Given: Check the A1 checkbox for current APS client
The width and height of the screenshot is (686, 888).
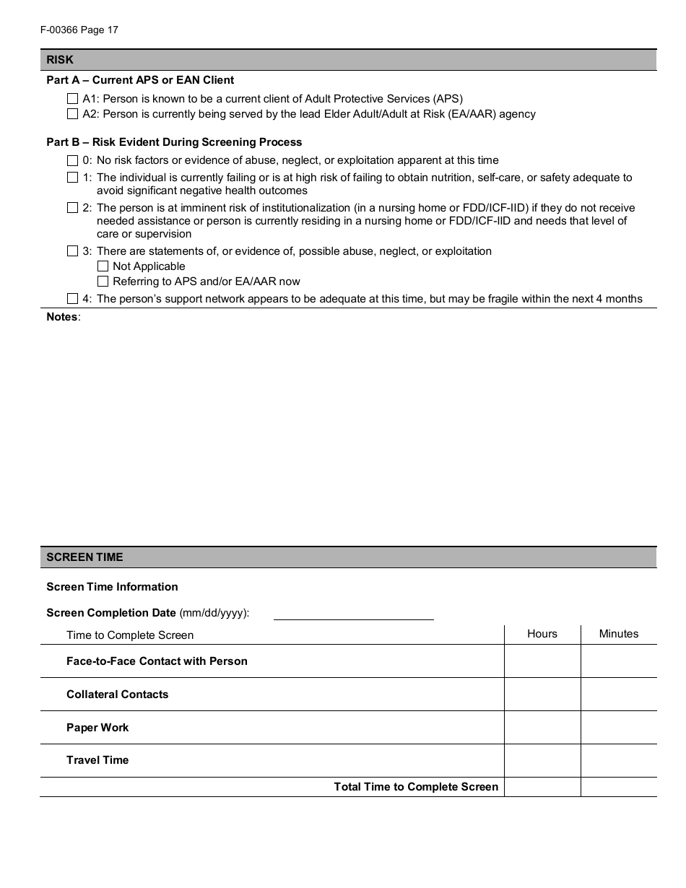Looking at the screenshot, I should coord(72,98).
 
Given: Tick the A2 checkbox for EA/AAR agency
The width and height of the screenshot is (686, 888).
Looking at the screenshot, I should coord(72,113).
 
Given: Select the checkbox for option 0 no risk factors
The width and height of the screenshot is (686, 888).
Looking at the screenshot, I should coord(72,160).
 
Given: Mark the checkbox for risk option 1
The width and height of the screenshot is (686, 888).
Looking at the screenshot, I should coord(72,178).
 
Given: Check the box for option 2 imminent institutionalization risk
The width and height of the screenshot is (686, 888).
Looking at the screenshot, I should coord(72,208).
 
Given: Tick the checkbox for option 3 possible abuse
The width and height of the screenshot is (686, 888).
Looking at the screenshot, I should coord(72,251).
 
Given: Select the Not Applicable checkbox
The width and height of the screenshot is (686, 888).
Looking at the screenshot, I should coord(103,266).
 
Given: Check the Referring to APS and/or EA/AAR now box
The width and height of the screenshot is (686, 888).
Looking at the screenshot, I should coord(103,282).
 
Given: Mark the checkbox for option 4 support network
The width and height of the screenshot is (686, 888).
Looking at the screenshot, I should coord(72,299).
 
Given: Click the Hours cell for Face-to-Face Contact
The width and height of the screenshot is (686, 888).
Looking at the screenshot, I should coord(542,661).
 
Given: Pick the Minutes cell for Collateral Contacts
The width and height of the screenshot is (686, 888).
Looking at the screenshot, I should coord(619,695).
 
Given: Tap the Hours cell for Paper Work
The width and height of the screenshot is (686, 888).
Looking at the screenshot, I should coord(542,728).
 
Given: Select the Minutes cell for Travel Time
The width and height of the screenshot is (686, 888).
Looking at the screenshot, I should coord(619,760).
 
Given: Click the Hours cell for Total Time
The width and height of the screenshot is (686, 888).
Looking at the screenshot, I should coord(542,787).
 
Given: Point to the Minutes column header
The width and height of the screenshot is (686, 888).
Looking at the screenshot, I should coord(619,634).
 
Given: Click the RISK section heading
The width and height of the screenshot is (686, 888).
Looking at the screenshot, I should coord(60,60).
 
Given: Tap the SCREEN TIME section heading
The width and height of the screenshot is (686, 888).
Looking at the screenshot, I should coord(84,557).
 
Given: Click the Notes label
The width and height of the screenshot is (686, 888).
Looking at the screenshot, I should coord(63,317).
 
